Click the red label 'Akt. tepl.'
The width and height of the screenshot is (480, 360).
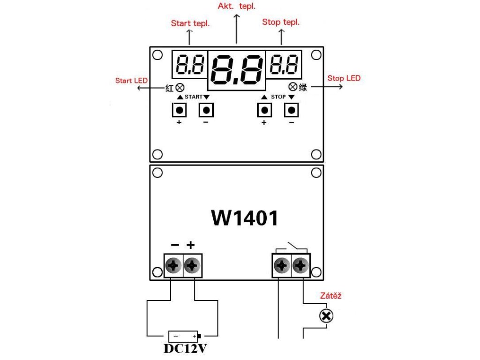coord(236,6)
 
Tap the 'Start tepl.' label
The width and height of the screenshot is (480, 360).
coord(190,23)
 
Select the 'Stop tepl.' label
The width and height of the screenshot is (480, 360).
coord(281,22)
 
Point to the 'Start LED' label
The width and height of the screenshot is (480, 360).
coord(131,81)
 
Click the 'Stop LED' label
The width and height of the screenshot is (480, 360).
coord(344,78)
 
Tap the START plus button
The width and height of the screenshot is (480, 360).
coord(180,110)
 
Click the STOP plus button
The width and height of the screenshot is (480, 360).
coord(264,110)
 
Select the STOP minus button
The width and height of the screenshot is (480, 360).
coord(292,110)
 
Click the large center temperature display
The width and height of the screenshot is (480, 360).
coord(237,70)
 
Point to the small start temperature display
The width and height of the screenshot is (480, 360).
coord(190,64)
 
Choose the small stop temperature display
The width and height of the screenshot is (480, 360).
coord(284,64)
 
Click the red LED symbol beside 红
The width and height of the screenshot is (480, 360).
coord(180,88)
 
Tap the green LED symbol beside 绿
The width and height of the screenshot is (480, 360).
coord(293,87)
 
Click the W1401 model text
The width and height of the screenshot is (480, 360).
coord(245,218)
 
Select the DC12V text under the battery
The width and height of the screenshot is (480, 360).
coord(185,348)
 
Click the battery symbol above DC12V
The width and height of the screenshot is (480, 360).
coord(184,337)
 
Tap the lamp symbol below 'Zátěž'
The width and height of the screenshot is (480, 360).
coord(326,316)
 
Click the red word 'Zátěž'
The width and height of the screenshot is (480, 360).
coord(330,295)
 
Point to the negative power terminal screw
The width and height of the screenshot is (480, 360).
coord(173,265)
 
